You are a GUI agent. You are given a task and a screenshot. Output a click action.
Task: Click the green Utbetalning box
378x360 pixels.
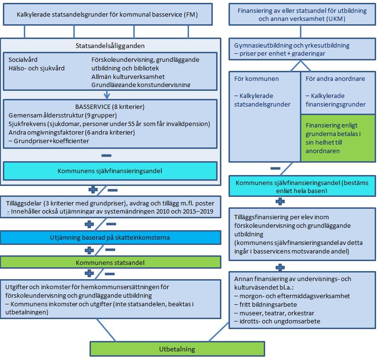(x=177, y=349)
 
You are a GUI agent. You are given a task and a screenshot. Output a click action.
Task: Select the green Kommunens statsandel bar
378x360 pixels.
(x=110, y=262)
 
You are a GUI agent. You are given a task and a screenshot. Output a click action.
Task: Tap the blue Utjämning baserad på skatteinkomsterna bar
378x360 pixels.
(x=110, y=237)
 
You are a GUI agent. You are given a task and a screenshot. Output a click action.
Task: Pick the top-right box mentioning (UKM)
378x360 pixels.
(x=300, y=14)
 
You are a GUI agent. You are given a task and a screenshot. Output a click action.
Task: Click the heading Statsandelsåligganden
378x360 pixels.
(x=110, y=46)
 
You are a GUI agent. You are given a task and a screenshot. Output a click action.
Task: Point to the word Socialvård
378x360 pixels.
(x=23, y=60)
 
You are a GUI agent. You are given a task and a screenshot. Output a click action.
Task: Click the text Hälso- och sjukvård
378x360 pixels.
(x=37, y=68)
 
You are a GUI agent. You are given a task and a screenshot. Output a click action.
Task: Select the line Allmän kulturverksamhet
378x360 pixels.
(x=128, y=77)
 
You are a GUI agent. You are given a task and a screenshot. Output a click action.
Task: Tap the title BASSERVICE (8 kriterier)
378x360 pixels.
(x=110, y=107)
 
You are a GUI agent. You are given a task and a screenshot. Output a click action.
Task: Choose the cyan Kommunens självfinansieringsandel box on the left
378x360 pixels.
(x=110, y=171)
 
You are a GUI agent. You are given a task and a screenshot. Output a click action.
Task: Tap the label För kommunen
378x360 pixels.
(x=257, y=78)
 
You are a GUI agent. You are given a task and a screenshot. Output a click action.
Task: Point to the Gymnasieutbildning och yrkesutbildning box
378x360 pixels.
(x=300, y=50)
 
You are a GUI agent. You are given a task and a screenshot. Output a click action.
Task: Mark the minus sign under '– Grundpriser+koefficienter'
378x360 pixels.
(x=107, y=155)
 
